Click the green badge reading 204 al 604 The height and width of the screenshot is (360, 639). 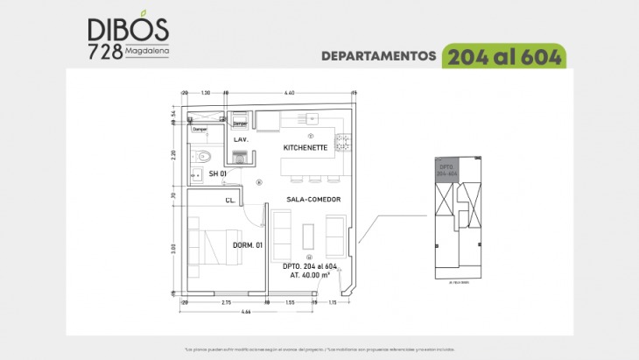point(504,56)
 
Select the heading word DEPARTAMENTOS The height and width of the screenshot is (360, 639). point(379,56)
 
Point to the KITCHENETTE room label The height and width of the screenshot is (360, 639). point(305,148)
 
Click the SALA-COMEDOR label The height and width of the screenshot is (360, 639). point(312,200)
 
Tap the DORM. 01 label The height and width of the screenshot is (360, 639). point(249,245)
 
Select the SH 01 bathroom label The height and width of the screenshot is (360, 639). point(218,174)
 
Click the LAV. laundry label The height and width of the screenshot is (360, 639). point(242,139)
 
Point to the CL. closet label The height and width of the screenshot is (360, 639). point(229,201)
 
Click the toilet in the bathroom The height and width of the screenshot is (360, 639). point(203,157)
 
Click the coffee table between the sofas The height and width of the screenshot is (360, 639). point(308,235)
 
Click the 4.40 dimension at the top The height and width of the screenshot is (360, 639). point(290,92)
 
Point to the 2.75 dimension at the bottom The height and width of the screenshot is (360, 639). point(226,302)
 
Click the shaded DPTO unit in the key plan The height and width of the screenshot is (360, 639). point(447,170)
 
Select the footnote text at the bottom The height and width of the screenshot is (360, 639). point(319,349)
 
